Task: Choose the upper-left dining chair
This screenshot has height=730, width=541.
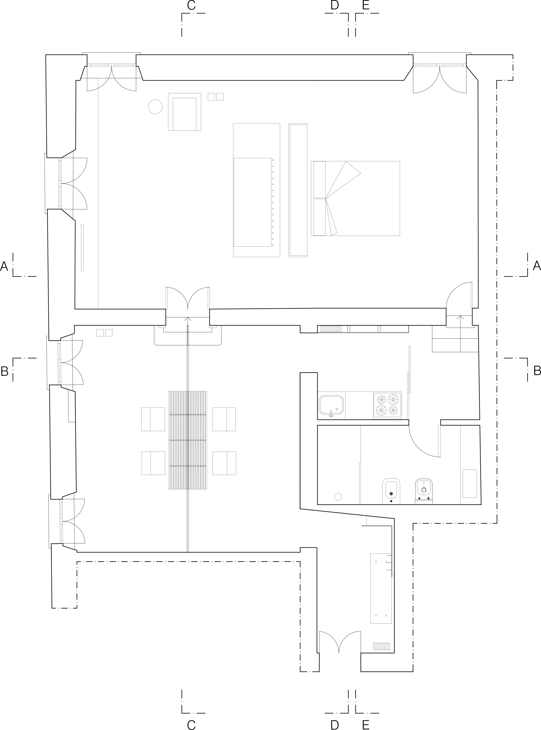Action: (153, 419)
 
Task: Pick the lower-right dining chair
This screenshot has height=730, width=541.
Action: (224, 463)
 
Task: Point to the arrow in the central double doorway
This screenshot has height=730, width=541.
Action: (188, 319)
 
